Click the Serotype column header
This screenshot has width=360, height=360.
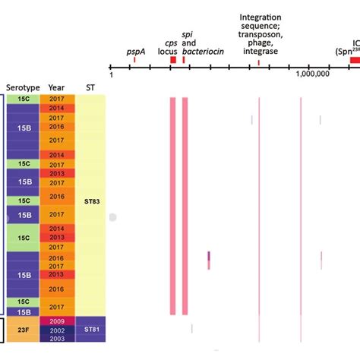[24, 87]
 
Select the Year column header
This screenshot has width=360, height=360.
[56, 87]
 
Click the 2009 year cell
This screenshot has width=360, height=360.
[56, 321]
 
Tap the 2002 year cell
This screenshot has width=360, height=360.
[56, 331]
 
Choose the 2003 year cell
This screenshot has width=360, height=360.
[56, 340]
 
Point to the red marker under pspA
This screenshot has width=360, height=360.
[134, 60]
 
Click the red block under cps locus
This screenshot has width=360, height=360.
[173, 60]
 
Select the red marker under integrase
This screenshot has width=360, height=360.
[259, 62]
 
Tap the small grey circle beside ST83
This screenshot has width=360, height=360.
[112, 217]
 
